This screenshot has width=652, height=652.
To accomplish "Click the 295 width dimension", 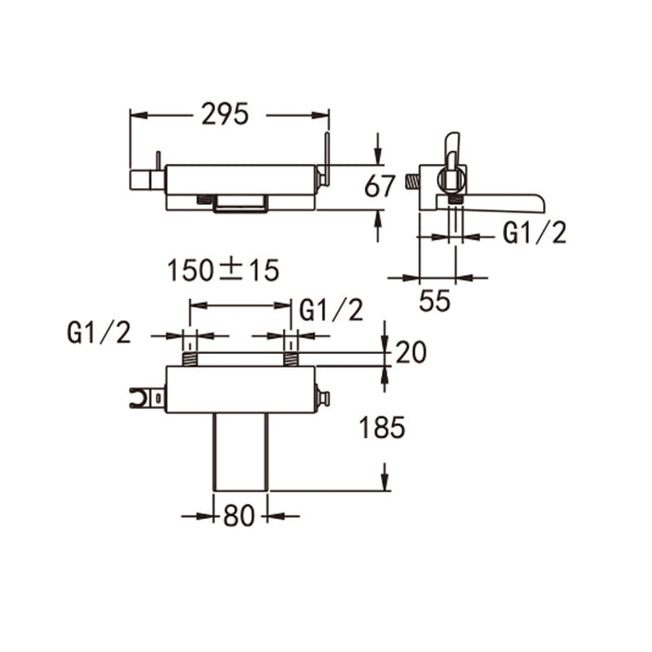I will (x=225, y=115).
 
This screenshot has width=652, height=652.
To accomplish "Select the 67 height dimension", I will (x=381, y=186).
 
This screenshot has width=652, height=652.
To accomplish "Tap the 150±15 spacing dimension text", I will (x=224, y=271).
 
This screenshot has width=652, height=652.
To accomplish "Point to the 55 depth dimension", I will (x=435, y=300).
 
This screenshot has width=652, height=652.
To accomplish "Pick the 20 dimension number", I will (x=411, y=352).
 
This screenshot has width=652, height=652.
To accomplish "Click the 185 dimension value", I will (x=382, y=428).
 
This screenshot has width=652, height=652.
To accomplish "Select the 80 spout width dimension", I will (x=239, y=515).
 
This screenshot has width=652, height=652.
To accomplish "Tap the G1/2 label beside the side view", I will (x=534, y=233).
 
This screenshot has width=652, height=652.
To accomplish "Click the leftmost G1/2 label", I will (x=99, y=333).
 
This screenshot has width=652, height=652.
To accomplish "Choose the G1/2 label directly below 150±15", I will (x=331, y=310).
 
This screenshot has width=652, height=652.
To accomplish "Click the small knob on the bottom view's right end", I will (x=322, y=398).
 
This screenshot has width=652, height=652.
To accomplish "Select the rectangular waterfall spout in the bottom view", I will (x=240, y=451).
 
